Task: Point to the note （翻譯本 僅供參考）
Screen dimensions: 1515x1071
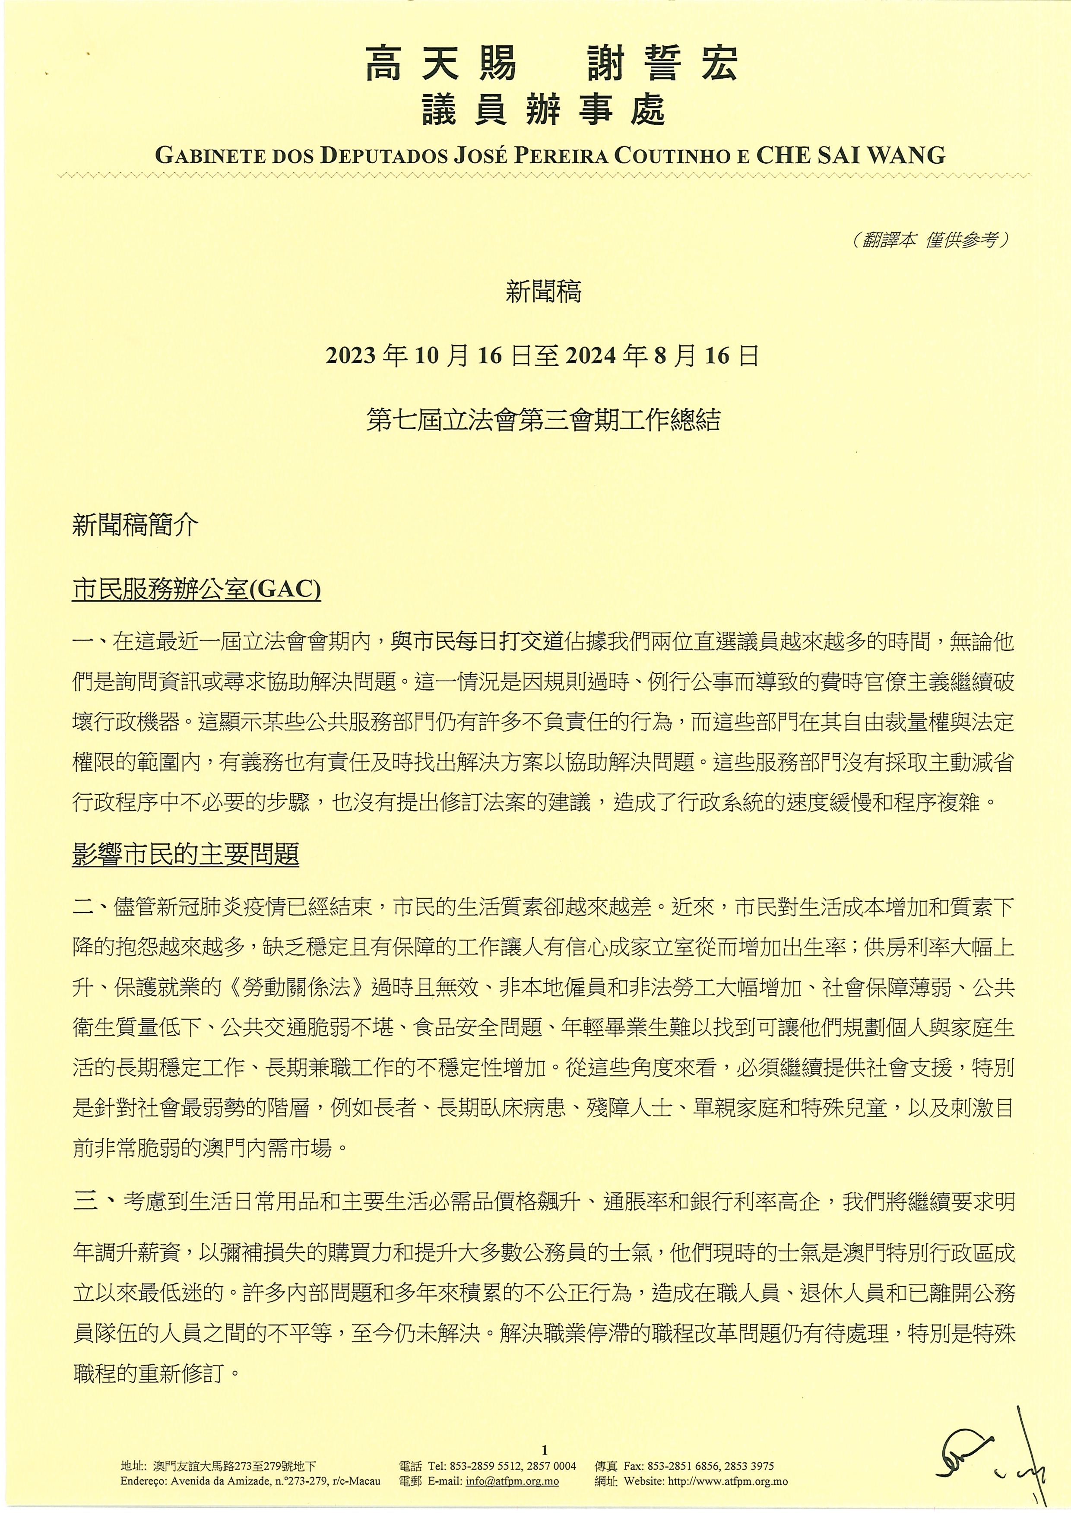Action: click(x=931, y=240)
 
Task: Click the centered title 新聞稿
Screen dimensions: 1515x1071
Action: click(x=543, y=292)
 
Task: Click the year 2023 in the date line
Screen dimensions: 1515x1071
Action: click(x=350, y=356)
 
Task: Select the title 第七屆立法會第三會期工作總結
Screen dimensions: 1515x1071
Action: click(x=543, y=420)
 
